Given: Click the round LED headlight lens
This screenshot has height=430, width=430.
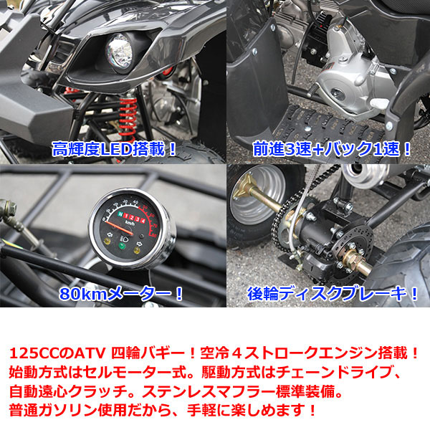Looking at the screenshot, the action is [x=119, y=53].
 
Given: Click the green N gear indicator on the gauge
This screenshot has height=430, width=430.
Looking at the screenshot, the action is [x=120, y=214].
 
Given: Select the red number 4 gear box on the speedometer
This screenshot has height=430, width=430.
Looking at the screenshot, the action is [x=142, y=219].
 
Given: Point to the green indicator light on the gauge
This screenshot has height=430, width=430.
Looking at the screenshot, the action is [x=122, y=245].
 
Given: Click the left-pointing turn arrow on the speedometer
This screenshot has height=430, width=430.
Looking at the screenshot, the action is [x=110, y=234].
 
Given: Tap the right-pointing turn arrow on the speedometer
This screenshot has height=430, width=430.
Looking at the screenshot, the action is [x=139, y=243].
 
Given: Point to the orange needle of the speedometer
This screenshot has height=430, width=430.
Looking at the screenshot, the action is [x=119, y=227].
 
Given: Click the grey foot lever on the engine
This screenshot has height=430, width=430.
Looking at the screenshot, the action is [x=380, y=103].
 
